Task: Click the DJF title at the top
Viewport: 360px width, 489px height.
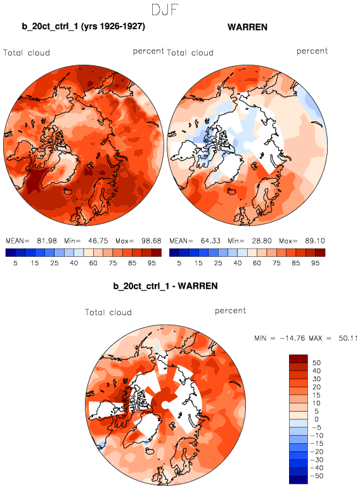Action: tap(165, 10)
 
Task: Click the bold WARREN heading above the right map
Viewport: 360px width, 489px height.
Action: tap(247, 27)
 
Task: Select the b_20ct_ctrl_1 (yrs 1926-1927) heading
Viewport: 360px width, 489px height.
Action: tap(84, 26)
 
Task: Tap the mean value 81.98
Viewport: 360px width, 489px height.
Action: tap(47, 241)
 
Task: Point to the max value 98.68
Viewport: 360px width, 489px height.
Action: tap(151, 241)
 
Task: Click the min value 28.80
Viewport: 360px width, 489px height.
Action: tap(262, 241)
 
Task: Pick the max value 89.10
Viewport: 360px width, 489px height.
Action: tap(315, 241)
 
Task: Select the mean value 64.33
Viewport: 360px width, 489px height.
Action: tap(210, 241)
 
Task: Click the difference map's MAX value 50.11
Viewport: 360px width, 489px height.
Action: tap(348, 338)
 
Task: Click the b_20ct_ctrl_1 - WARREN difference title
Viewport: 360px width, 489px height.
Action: tap(165, 286)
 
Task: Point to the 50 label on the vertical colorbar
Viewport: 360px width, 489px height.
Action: tap(316, 363)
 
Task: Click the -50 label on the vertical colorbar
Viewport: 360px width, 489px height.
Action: tap(317, 476)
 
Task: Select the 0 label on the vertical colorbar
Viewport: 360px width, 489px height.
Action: tap(316, 419)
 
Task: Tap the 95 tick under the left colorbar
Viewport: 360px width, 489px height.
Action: tap(151, 263)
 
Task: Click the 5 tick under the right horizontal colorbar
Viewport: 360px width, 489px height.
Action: tap(179, 263)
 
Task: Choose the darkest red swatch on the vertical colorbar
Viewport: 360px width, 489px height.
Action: tap(299, 358)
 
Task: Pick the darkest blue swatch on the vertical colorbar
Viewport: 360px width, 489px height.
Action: tap(299, 479)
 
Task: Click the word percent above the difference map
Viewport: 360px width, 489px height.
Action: tap(230, 311)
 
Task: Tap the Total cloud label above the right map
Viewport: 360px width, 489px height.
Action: tap(190, 53)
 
